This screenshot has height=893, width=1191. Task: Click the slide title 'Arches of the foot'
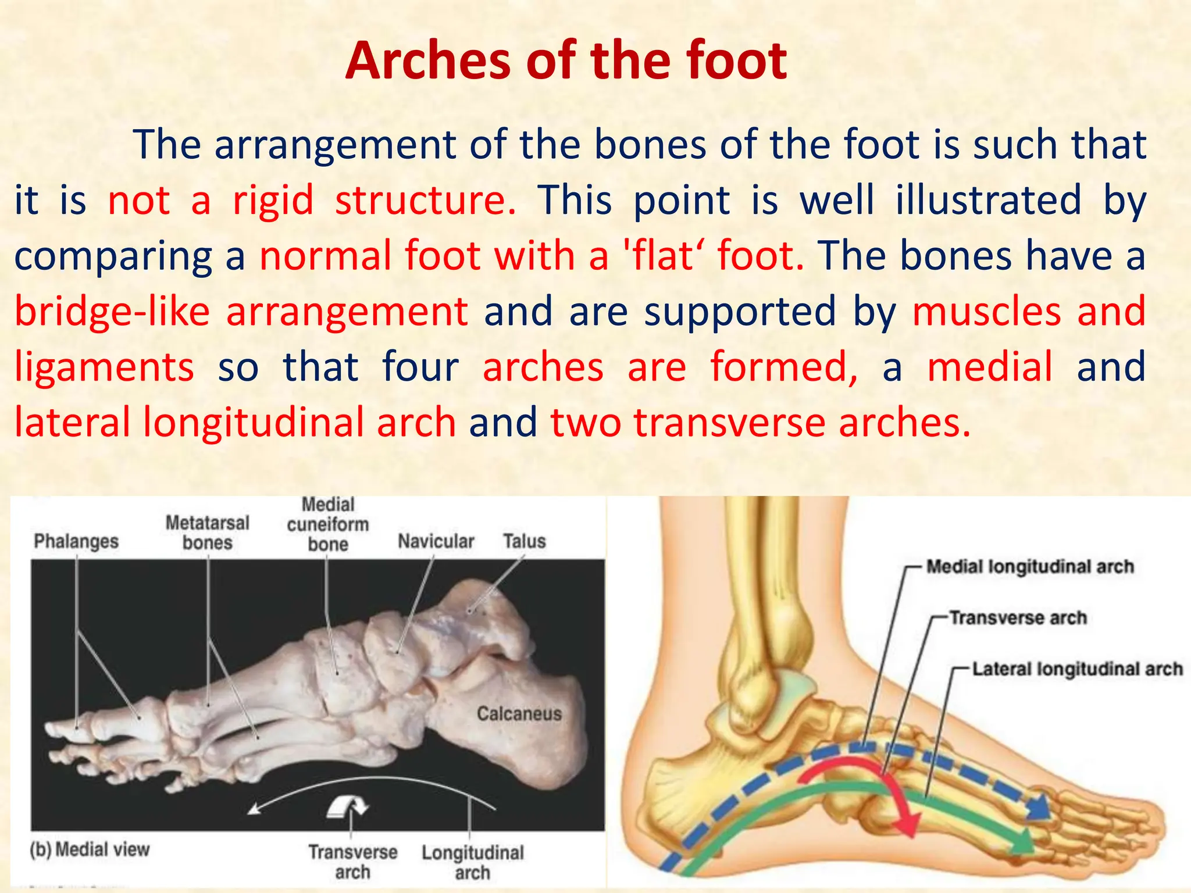pos(566,61)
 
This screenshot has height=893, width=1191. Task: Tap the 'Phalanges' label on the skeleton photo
pos(76,541)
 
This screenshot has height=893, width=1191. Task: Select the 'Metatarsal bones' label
pos(208,533)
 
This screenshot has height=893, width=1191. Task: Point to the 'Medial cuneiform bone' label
pos(328,524)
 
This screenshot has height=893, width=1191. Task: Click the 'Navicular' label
pos(436,541)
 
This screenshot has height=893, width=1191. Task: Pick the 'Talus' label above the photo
pos(525,541)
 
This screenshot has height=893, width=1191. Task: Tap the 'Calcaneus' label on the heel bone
pos(519,713)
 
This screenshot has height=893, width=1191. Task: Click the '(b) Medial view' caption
pos(90,849)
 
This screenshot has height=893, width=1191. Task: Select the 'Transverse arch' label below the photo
pos(353,862)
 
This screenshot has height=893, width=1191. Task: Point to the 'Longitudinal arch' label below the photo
pos(473,862)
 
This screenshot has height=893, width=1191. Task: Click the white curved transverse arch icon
pos(347,807)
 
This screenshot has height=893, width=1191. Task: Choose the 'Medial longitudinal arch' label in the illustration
pos(1030,566)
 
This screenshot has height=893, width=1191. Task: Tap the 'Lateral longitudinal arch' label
pos(1078,669)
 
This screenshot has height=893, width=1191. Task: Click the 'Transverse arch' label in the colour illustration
pos(1018,617)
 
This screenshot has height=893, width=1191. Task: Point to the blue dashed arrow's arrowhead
pos(1039,808)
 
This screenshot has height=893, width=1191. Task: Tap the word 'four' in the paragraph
pos(420,367)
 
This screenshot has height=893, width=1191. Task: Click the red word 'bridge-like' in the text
pos(112,312)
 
